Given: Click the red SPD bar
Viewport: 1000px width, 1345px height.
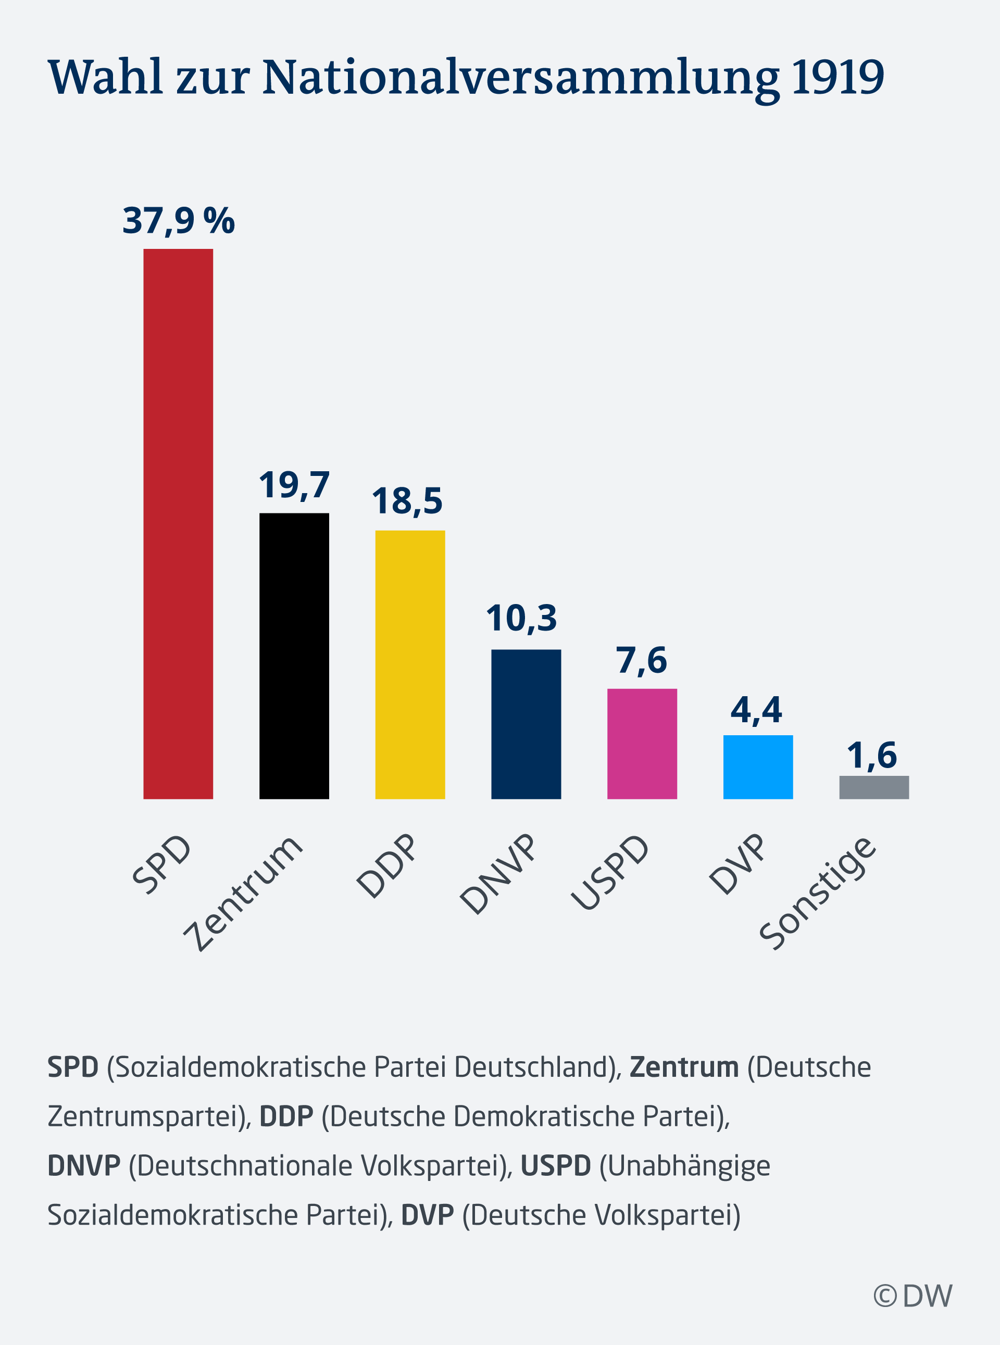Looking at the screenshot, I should pyautogui.click(x=178, y=523).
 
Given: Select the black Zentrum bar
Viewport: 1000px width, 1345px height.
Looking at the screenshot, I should pyautogui.click(x=294, y=656).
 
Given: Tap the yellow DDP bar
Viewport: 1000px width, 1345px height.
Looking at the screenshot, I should pyautogui.click(x=410, y=664).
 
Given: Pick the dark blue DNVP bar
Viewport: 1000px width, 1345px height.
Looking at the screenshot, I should pyautogui.click(x=526, y=724).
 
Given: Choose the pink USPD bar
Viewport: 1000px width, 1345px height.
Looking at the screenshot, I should pyautogui.click(x=642, y=744).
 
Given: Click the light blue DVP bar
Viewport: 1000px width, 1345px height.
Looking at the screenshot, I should pyautogui.click(x=758, y=766).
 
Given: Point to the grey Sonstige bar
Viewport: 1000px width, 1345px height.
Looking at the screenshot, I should pyautogui.click(x=873, y=787).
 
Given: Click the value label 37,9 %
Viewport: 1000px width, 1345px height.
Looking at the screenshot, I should pyautogui.click(x=179, y=221).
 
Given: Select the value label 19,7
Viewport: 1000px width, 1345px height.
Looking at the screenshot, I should pyautogui.click(x=294, y=485).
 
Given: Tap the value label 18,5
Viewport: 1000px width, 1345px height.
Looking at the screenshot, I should pyautogui.click(x=407, y=501).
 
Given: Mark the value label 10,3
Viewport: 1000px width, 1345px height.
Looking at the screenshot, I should pyautogui.click(x=521, y=619).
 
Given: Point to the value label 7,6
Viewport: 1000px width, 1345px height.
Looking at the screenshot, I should pyautogui.click(x=642, y=660).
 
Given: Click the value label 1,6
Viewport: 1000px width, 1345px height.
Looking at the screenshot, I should pyautogui.click(x=872, y=755).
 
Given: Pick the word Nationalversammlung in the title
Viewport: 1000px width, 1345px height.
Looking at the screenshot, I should pyautogui.click(x=521, y=79).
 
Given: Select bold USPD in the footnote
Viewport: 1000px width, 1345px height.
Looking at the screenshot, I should pyautogui.click(x=556, y=1166).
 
